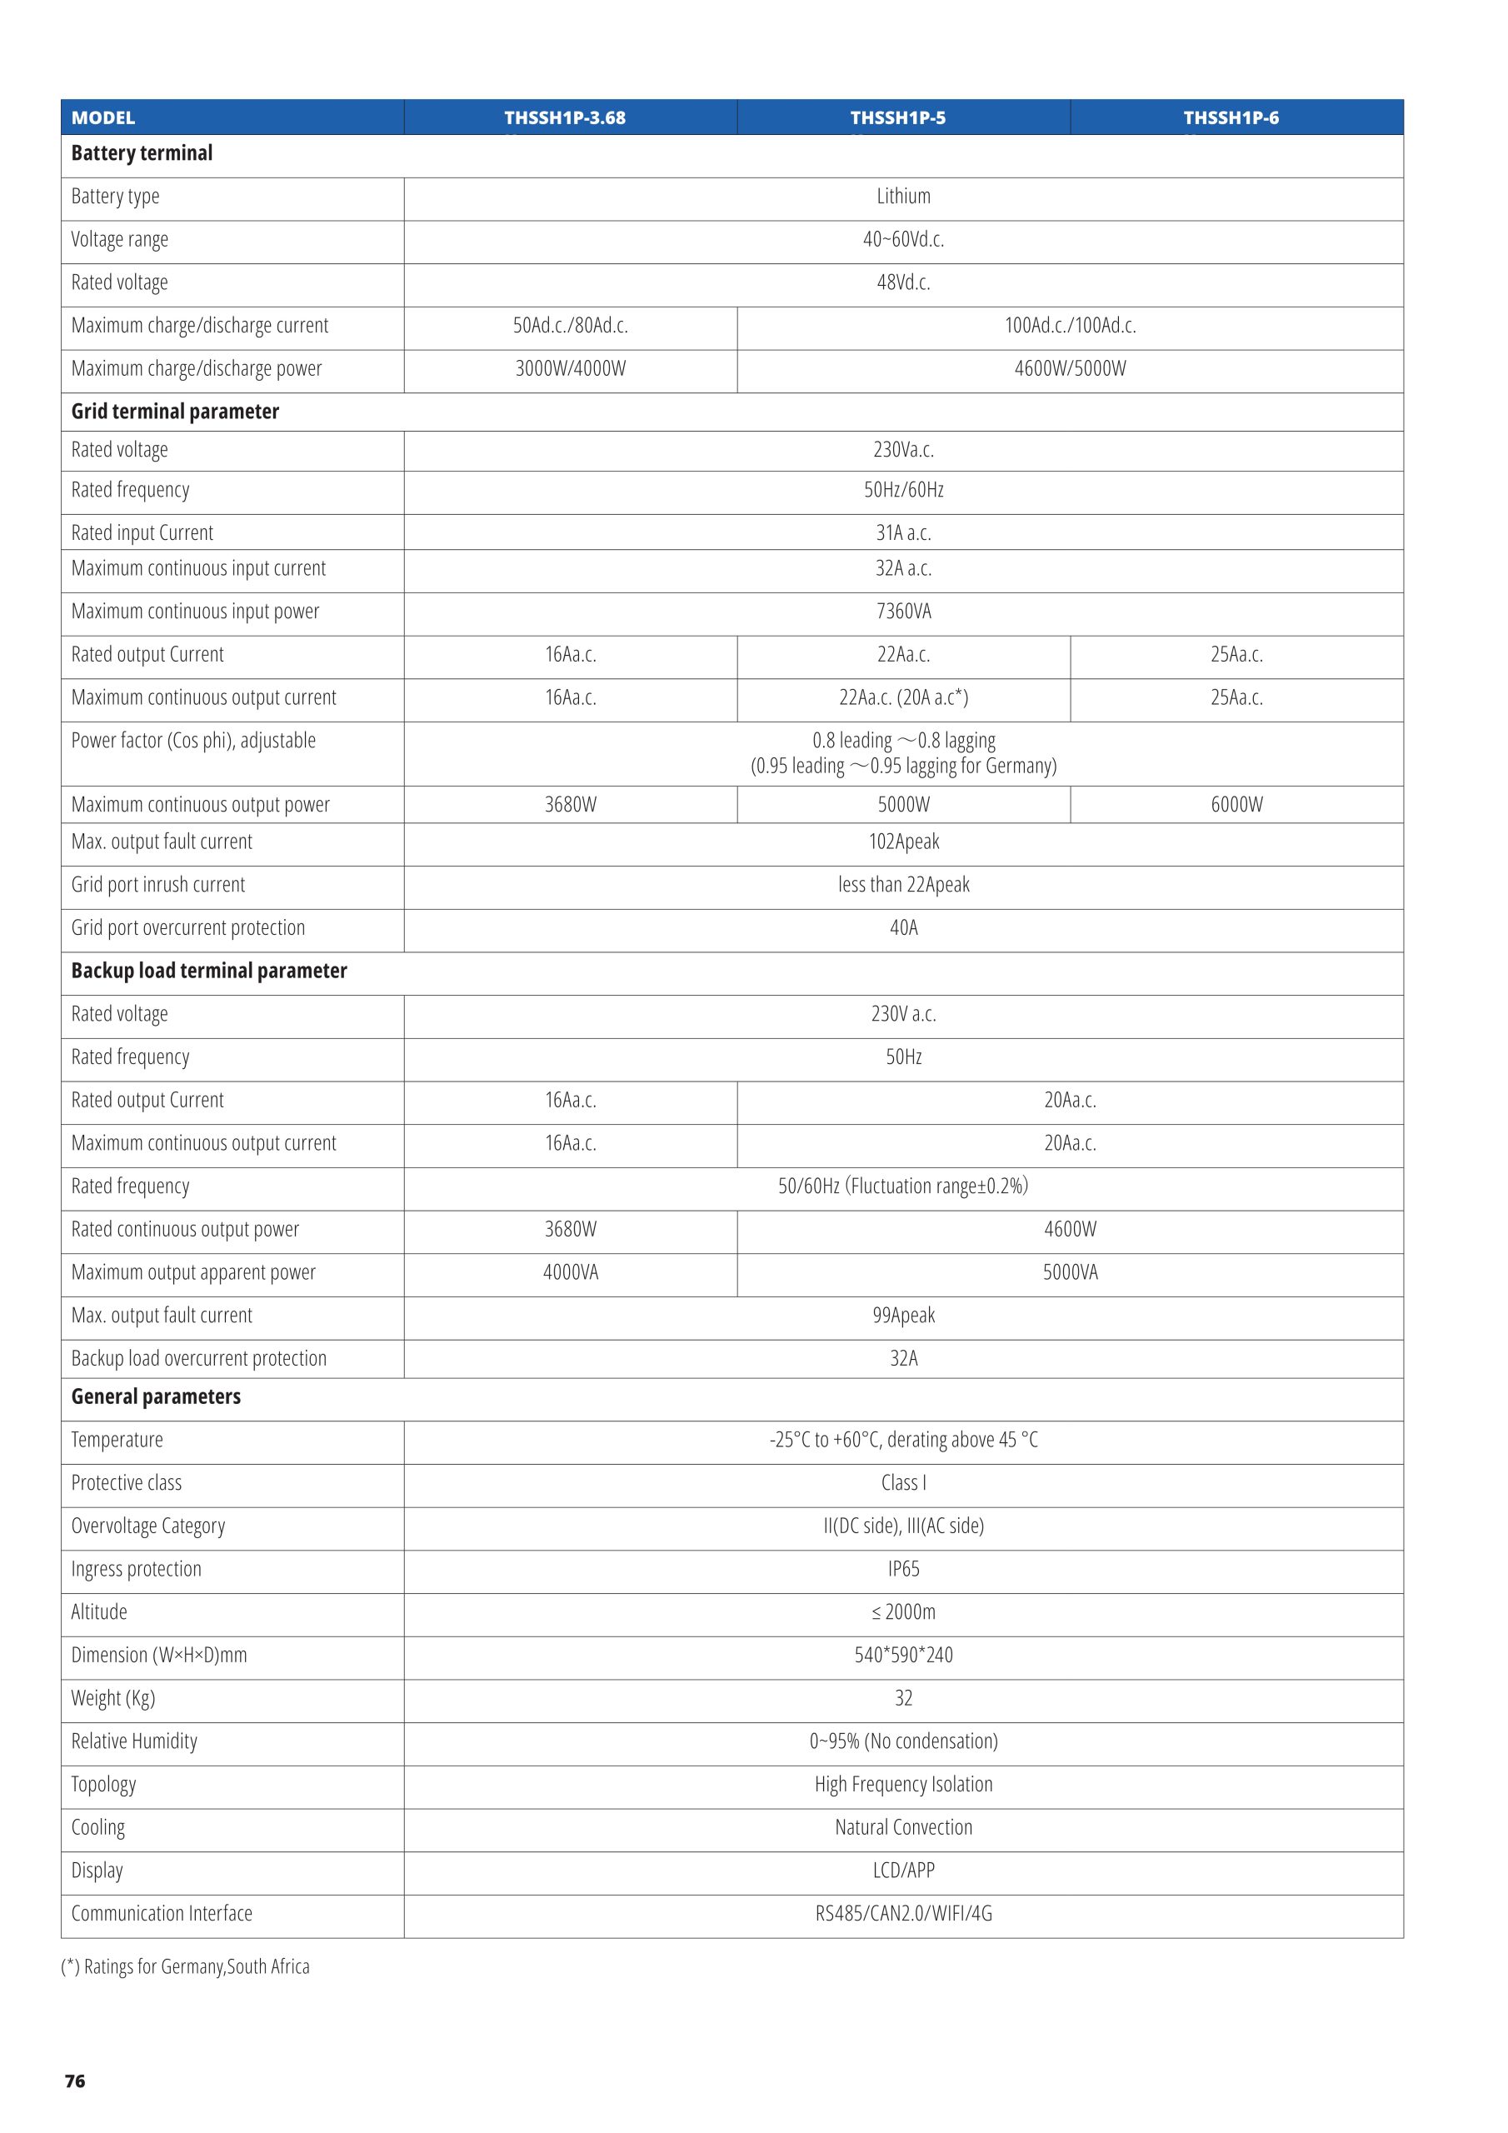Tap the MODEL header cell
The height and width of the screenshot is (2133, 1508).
103,118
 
